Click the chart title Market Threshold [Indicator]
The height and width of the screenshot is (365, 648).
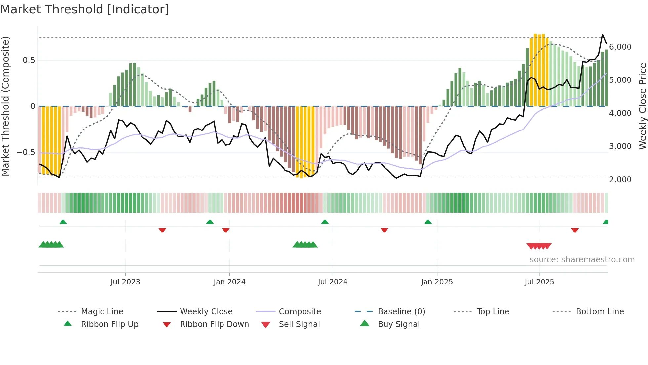click(x=85, y=9)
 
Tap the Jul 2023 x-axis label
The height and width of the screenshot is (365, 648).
click(x=125, y=282)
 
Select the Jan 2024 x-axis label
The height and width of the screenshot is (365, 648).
click(x=229, y=282)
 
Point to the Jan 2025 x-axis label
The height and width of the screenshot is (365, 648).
click(x=437, y=282)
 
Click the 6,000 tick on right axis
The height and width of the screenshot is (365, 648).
click(x=620, y=47)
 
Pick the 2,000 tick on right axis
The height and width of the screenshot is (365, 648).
click(x=620, y=180)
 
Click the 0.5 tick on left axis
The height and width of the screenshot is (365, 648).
click(x=29, y=60)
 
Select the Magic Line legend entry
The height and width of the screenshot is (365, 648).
click(x=102, y=312)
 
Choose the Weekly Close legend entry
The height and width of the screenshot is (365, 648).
click(x=206, y=312)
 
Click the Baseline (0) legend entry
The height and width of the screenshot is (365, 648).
click(x=401, y=312)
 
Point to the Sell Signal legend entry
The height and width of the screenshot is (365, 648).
click(x=299, y=324)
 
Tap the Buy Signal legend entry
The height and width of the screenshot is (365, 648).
click(x=398, y=324)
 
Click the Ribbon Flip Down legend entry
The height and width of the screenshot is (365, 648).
click(x=214, y=324)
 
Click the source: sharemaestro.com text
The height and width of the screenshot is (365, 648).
click(x=582, y=260)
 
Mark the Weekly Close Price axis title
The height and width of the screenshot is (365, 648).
click(x=642, y=106)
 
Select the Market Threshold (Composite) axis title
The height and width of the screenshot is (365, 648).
click(x=5, y=106)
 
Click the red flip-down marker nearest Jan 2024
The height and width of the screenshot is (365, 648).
click(x=226, y=230)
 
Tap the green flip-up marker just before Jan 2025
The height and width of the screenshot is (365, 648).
click(x=428, y=222)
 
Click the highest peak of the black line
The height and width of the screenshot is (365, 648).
click(x=603, y=35)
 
